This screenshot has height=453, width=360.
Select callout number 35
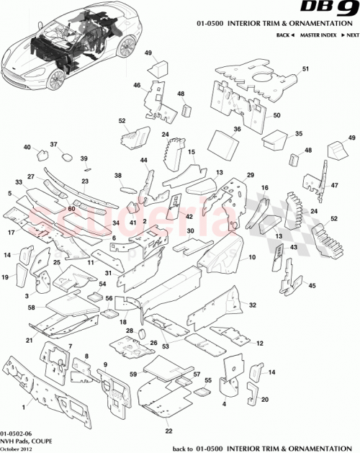tap(299, 133)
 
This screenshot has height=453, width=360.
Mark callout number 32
tap(252, 305)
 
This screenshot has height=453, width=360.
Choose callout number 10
tap(252, 257)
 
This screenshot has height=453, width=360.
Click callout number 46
tap(136, 85)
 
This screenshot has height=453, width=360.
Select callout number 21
tap(30, 340)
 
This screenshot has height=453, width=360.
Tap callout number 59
tap(132, 374)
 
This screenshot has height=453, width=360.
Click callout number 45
tap(312, 286)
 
